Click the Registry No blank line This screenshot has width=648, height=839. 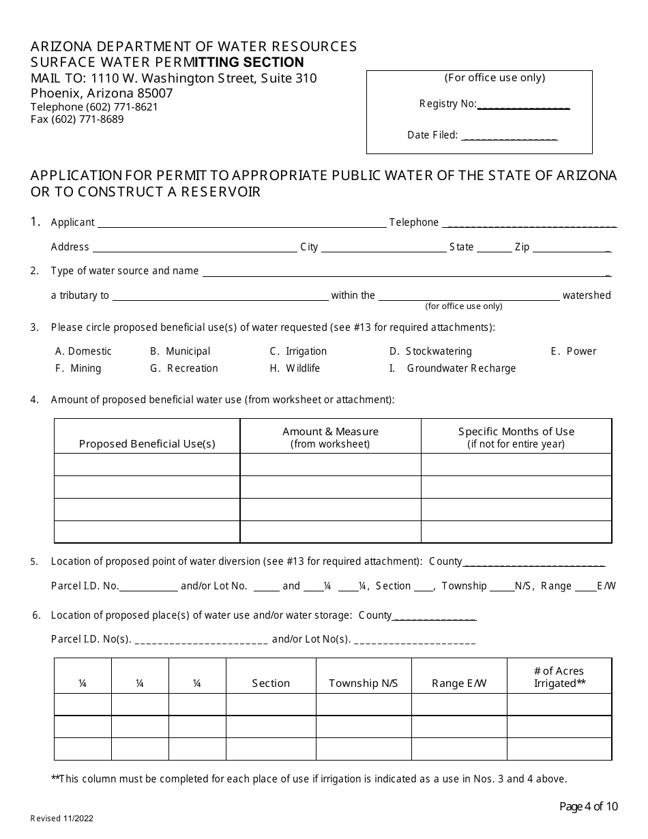click(x=523, y=107)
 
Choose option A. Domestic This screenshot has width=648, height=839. click(x=83, y=351)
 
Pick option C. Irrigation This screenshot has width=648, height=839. click(x=298, y=351)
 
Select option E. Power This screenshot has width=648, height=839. click(x=573, y=351)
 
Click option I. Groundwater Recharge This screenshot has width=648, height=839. click(x=452, y=368)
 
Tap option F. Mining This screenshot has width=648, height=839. click(x=78, y=368)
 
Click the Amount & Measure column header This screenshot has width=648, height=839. click(x=330, y=437)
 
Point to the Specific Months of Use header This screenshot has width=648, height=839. click(x=516, y=437)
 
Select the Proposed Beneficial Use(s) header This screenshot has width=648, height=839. click(x=147, y=444)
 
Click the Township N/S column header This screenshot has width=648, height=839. click(x=363, y=683)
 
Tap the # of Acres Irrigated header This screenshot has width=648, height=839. click(x=559, y=677)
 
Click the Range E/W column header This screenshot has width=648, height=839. click(x=459, y=683)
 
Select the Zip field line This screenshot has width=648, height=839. click(x=571, y=250)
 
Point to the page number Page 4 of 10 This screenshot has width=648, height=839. click(x=589, y=807)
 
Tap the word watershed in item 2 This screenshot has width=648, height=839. click(x=587, y=295)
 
